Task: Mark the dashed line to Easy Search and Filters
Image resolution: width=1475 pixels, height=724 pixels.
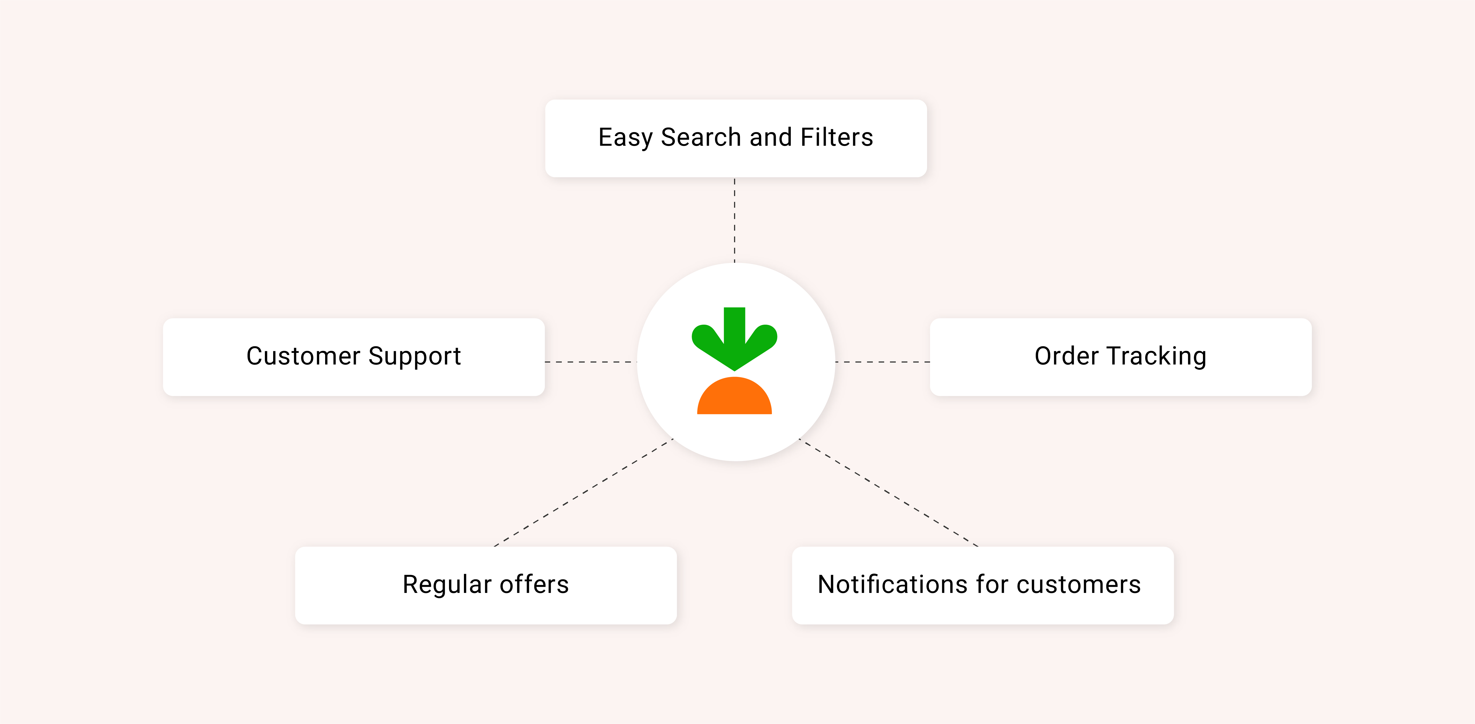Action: [735, 220]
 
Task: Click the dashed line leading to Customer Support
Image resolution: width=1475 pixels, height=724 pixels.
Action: [591, 362]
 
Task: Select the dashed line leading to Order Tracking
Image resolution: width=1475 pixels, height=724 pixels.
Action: [882, 362]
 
